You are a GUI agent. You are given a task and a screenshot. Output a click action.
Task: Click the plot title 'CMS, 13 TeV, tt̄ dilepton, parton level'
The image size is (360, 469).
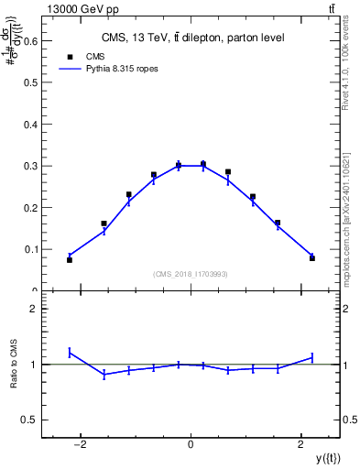point(191,38)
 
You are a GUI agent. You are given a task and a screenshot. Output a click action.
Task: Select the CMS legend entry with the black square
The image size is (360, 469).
point(87,56)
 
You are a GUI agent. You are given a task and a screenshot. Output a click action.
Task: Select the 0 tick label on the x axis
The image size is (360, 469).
point(191,445)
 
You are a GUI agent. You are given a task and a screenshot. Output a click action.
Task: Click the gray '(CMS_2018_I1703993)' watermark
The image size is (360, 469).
point(191,274)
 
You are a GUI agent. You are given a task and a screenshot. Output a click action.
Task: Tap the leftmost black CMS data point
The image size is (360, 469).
point(70,260)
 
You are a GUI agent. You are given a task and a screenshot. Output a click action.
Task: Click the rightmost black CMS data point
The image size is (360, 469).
point(312,258)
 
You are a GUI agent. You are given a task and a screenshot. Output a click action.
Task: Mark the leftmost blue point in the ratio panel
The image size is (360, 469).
point(70,352)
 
